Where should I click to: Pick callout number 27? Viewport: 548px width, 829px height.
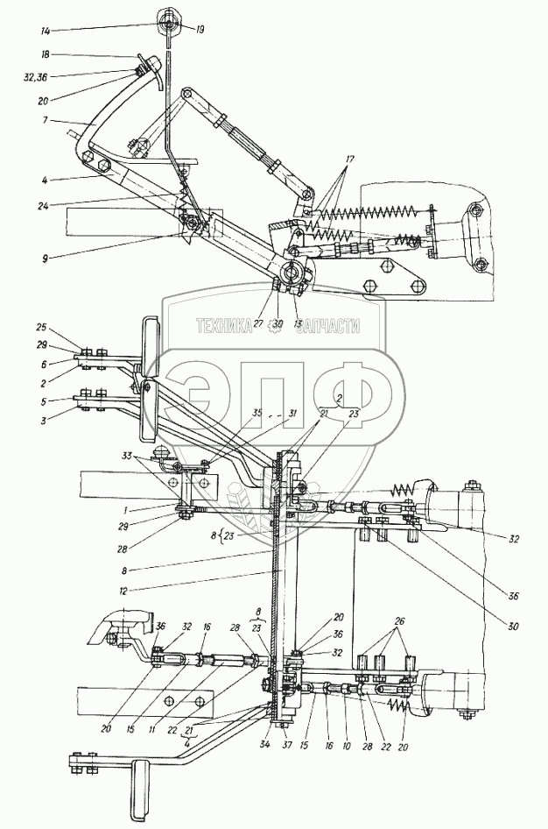coord(260,324)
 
